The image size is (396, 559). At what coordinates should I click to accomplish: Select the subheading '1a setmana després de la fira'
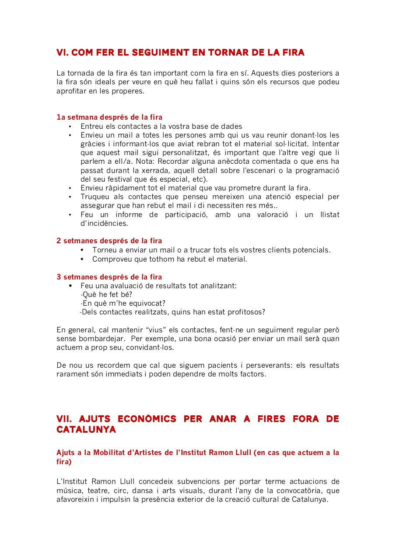pos(109,117)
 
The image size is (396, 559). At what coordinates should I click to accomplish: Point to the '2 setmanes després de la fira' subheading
pos(109,241)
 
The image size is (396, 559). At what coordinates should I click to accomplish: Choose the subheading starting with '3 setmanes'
pos(109,277)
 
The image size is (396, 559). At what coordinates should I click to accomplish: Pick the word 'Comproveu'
pos(111,259)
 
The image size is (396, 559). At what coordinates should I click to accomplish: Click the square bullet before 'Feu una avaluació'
pos(70,286)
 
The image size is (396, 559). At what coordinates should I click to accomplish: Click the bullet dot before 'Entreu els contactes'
pos(70,126)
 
